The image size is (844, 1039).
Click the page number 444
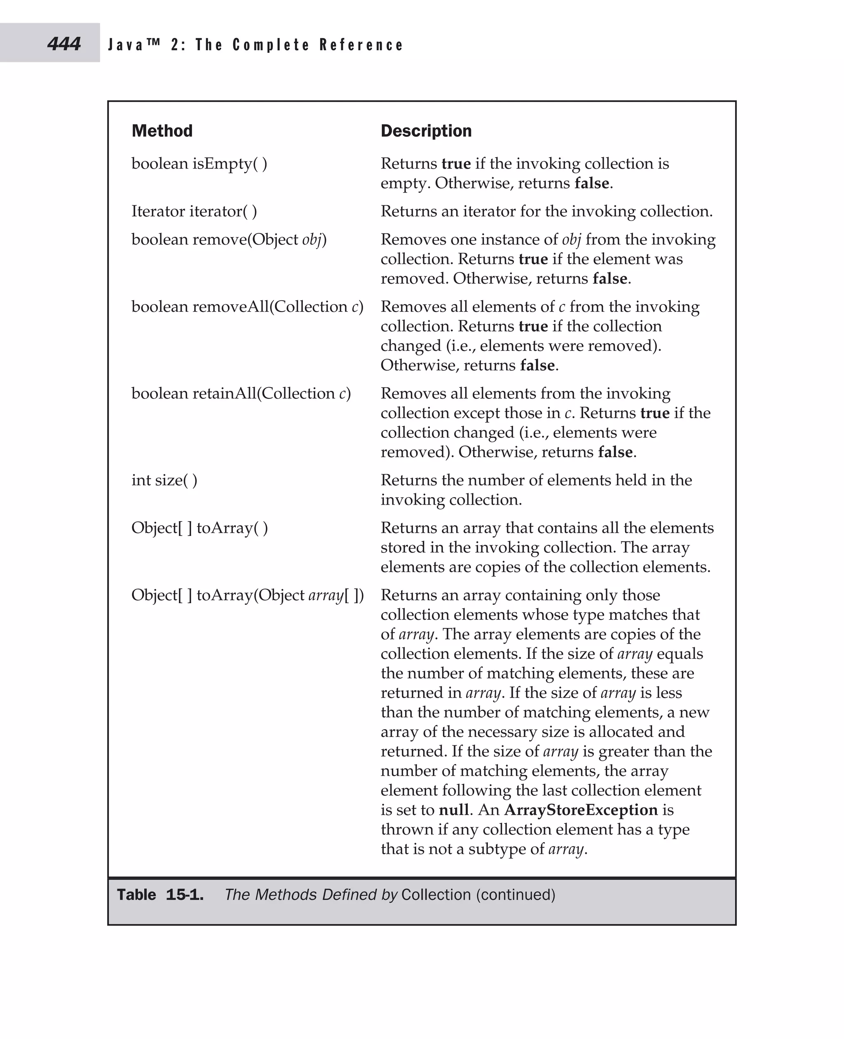[64, 44]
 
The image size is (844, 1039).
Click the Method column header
[162, 131]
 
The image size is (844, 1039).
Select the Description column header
[426, 131]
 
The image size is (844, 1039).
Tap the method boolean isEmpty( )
[199, 163]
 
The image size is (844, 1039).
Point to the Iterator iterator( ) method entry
[194, 211]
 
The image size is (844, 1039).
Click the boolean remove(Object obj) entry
[228, 239]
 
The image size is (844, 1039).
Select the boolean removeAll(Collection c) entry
[247, 306]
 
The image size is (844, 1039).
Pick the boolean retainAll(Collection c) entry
[241, 393]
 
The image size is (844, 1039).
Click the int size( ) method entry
[164, 480]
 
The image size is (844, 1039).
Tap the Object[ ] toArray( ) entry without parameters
[199, 528]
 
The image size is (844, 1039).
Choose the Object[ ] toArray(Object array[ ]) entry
[247, 595]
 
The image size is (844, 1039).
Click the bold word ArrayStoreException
[581, 810]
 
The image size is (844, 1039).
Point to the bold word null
[454, 810]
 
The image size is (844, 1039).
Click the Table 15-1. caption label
[160, 895]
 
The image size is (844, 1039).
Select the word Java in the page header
[125, 45]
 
